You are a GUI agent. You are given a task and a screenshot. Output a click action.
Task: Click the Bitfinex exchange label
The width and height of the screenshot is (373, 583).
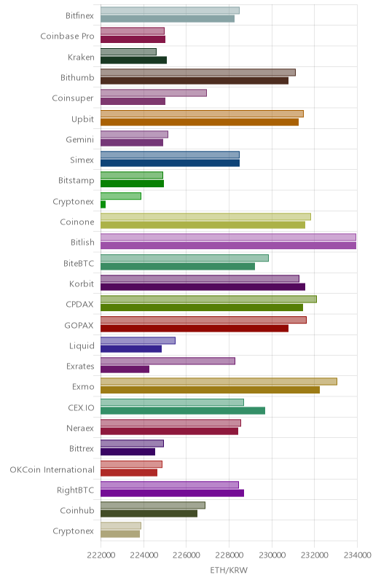(79, 15)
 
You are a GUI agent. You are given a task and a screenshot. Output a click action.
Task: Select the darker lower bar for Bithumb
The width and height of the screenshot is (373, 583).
(195, 81)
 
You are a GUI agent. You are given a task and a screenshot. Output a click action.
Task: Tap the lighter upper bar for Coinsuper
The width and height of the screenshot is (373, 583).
(154, 93)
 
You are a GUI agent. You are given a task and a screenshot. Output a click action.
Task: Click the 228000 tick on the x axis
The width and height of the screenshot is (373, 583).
(229, 555)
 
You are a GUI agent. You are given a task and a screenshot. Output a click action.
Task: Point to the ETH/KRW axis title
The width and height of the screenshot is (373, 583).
(229, 570)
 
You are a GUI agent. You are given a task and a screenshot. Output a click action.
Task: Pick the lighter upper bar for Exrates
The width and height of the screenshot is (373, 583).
(168, 361)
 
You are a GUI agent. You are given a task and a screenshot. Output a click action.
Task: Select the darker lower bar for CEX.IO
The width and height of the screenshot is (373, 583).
(183, 410)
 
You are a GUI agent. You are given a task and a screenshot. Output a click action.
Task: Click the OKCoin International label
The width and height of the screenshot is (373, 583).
(52, 469)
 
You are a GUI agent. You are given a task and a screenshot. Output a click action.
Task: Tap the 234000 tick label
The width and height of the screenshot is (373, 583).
(358, 555)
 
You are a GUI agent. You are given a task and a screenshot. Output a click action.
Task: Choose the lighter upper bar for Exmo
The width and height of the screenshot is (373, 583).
(219, 381)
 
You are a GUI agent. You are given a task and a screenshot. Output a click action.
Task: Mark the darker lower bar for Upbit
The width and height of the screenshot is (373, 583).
(200, 122)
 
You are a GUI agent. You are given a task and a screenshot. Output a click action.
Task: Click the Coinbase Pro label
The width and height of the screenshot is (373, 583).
(67, 36)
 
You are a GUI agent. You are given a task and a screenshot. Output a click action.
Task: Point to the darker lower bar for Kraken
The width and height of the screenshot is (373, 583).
(134, 60)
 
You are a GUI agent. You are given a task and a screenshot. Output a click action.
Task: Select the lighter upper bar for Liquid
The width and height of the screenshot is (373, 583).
(138, 340)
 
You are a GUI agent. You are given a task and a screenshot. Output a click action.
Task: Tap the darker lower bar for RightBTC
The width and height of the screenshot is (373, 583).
(173, 493)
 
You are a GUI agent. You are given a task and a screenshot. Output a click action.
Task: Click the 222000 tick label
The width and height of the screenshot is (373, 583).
(101, 555)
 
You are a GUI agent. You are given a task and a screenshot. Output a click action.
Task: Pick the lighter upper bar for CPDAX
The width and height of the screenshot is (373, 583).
(208, 300)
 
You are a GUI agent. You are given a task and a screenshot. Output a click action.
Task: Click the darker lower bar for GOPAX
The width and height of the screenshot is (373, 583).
(195, 329)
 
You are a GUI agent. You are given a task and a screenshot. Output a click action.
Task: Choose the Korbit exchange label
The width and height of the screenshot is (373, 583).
(82, 283)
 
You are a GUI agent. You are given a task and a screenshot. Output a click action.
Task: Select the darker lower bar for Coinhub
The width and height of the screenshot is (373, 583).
(149, 514)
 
